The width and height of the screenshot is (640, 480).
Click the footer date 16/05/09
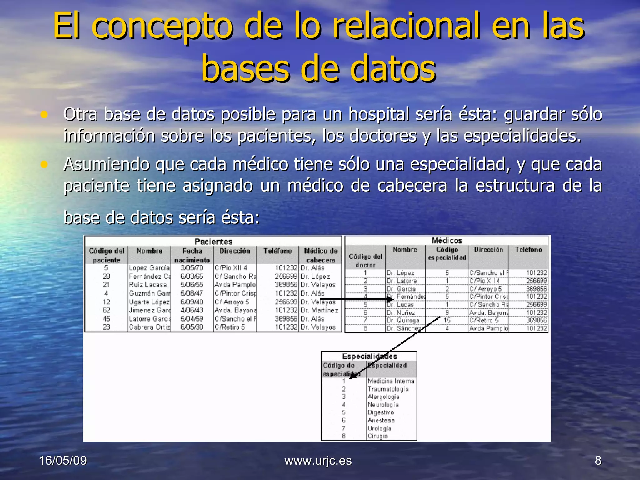(x=63, y=461)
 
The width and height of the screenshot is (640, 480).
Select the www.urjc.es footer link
(x=318, y=461)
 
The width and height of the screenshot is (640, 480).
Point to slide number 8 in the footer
(x=598, y=461)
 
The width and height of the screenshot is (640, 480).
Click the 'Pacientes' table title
(x=213, y=242)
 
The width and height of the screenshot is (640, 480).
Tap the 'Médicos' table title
(x=447, y=240)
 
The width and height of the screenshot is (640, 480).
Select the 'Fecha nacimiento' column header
(x=192, y=255)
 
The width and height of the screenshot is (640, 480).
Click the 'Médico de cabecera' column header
(x=321, y=255)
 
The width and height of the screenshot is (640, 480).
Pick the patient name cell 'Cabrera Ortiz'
(x=149, y=327)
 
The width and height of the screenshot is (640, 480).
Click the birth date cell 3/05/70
(x=192, y=268)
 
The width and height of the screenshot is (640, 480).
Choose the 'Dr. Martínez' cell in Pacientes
(x=319, y=310)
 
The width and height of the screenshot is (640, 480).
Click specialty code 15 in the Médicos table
(x=447, y=321)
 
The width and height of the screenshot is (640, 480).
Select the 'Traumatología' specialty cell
(x=388, y=389)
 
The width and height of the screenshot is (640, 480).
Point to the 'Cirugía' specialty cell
(x=377, y=436)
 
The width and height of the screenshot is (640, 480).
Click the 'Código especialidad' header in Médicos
(x=447, y=253)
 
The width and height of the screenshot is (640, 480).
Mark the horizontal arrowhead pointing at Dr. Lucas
(x=390, y=299)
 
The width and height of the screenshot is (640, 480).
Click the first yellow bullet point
(x=44, y=114)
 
